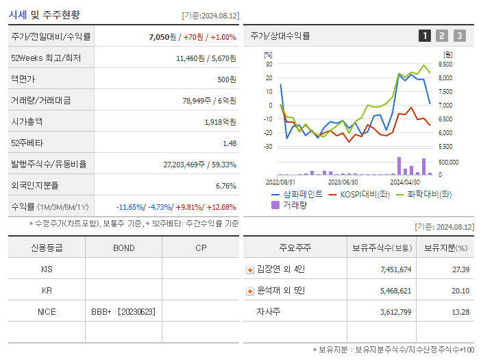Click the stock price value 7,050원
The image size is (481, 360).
tap(163, 37)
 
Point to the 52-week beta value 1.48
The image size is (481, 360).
tap(230, 143)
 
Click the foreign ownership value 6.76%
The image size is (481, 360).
tap(225, 186)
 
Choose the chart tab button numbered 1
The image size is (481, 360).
tap(425, 36)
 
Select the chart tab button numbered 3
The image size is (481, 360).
tap(459, 36)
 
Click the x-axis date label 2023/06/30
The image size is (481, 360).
tap(343, 182)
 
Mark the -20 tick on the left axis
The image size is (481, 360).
tap(268, 133)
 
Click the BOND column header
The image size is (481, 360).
tap(123, 248)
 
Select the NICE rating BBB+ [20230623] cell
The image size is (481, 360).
tap(123, 312)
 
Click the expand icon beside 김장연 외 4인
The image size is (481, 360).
tap(250, 269)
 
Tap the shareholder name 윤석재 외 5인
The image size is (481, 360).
tap(281, 291)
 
